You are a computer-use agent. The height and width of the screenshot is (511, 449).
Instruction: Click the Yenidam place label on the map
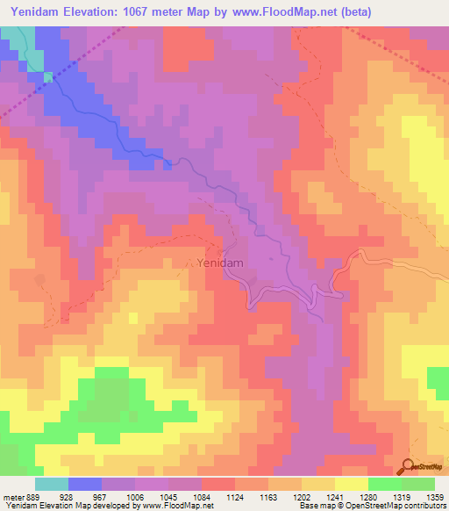[218, 262]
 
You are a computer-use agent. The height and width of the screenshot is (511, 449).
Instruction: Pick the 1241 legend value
[332, 496]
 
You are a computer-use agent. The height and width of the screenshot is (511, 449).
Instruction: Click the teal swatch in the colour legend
[52, 483]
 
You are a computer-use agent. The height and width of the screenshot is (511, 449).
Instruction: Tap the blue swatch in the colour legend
[85, 483]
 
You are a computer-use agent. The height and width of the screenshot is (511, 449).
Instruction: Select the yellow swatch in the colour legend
[351, 483]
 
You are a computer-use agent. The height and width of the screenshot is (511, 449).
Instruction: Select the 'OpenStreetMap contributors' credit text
[389, 506]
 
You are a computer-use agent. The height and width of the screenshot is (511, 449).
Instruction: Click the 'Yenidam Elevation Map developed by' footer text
[71, 506]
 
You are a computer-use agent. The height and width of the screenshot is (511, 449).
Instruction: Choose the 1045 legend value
[169, 496]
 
